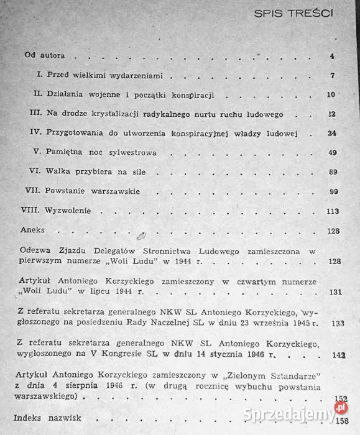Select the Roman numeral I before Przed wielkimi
click(39, 75)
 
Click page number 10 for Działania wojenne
click(330, 94)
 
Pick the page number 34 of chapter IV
click(331, 133)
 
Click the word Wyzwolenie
click(69, 211)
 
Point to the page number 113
click(331, 211)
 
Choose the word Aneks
click(32, 230)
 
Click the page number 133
click(338, 323)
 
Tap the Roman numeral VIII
click(31, 211)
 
